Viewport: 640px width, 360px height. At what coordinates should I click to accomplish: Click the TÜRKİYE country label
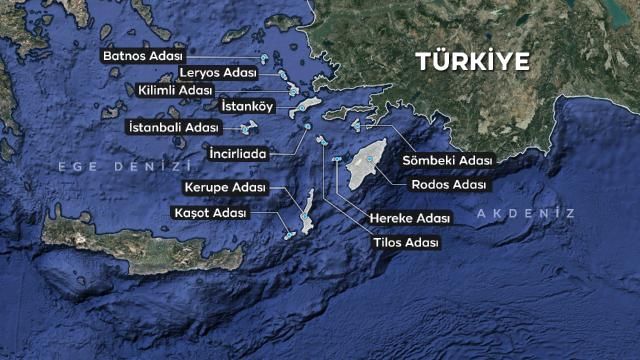472,60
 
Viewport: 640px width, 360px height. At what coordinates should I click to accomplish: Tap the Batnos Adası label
140,55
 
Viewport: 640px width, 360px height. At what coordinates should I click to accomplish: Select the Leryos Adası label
219,73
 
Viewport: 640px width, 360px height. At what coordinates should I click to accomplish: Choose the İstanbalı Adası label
172,128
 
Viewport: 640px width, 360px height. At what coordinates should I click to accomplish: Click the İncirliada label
237,154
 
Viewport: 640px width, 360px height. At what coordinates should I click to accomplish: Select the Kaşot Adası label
209,213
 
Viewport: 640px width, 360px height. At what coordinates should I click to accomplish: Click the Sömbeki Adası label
448,160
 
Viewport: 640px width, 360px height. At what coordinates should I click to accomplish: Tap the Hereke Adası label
410,217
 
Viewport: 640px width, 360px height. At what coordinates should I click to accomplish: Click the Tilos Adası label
405,241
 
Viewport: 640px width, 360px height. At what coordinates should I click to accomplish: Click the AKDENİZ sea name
526,214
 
